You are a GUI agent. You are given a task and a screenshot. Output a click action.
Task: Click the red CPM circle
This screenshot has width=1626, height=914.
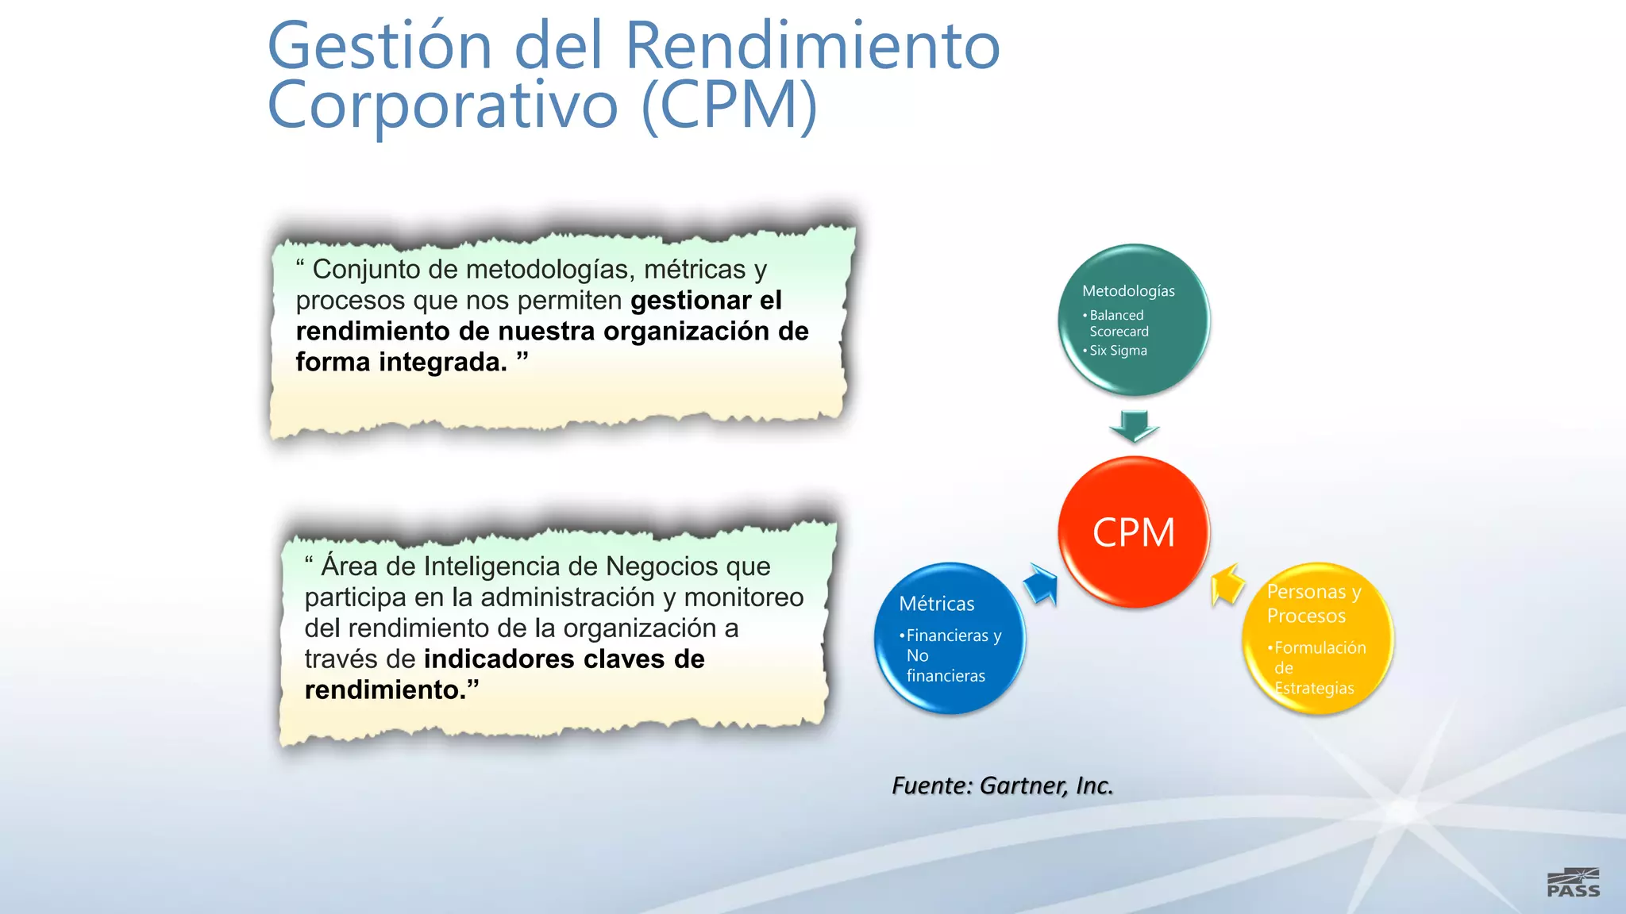tap(1134, 532)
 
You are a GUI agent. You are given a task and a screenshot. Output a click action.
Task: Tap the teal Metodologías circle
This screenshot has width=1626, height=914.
tap(1134, 320)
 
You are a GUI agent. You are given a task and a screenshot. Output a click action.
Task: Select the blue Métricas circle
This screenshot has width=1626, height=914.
tap(950, 639)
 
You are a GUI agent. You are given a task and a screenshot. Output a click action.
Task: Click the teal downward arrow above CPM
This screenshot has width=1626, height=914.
tap(1134, 426)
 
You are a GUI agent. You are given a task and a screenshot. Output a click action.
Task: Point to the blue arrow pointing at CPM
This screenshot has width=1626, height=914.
tap(1042, 585)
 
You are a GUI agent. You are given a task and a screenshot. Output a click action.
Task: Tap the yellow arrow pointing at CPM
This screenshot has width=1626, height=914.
tap(1227, 585)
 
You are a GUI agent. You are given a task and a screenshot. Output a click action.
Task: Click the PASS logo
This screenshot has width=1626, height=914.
tap(1573, 882)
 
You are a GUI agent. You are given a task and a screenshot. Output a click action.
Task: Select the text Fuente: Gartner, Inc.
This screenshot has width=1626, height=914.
tap(1002, 785)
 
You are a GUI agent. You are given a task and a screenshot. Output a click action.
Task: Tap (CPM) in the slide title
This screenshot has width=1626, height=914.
tap(729, 106)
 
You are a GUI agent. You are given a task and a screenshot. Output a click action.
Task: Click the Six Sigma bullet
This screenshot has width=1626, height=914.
tap(1118, 351)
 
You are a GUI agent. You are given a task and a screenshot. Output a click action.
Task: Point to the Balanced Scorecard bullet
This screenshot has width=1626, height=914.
tap(1118, 323)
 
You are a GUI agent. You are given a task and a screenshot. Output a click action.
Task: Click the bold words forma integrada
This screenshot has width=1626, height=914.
tap(401, 363)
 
